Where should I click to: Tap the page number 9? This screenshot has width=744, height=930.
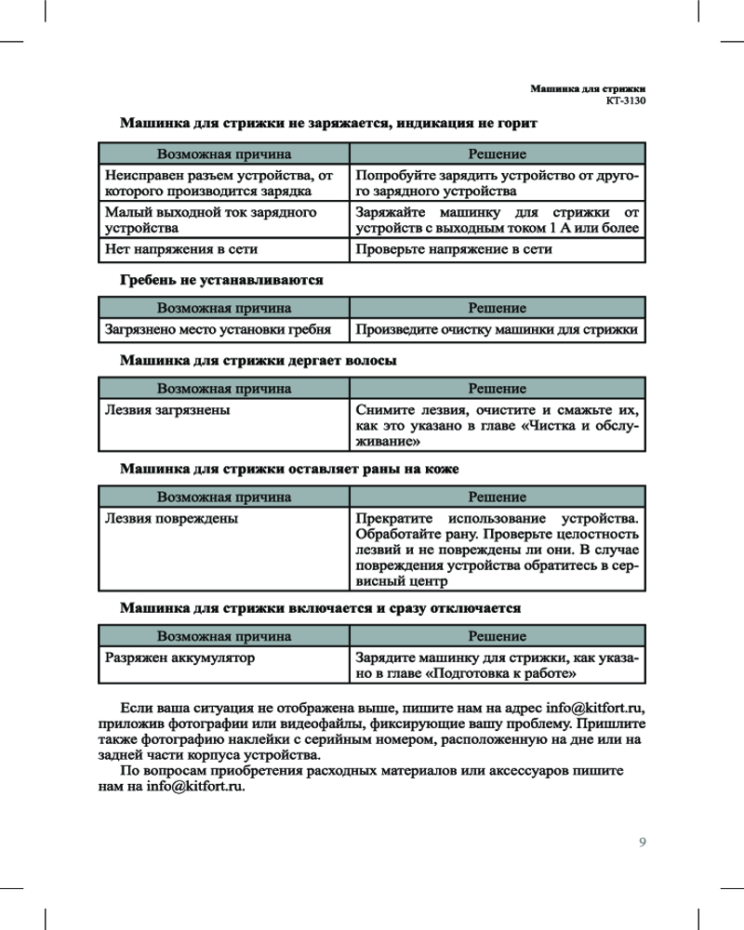click(642, 843)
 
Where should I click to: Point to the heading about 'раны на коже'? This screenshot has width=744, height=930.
click(289, 469)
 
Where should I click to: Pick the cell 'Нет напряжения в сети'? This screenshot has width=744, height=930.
click(181, 249)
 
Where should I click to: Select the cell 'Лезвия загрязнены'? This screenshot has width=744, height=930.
click(167, 408)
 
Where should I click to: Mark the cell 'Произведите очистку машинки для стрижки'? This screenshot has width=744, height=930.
click(496, 329)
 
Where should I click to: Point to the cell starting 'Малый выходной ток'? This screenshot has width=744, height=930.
click(211, 219)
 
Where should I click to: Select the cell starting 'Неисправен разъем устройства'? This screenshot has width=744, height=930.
click(219, 183)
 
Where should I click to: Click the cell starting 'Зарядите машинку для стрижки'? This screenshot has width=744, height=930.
click(496, 665)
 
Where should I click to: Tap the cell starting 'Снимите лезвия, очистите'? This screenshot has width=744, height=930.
click(496, 424)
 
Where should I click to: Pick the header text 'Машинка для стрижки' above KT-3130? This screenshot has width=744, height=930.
click(588, 87)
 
